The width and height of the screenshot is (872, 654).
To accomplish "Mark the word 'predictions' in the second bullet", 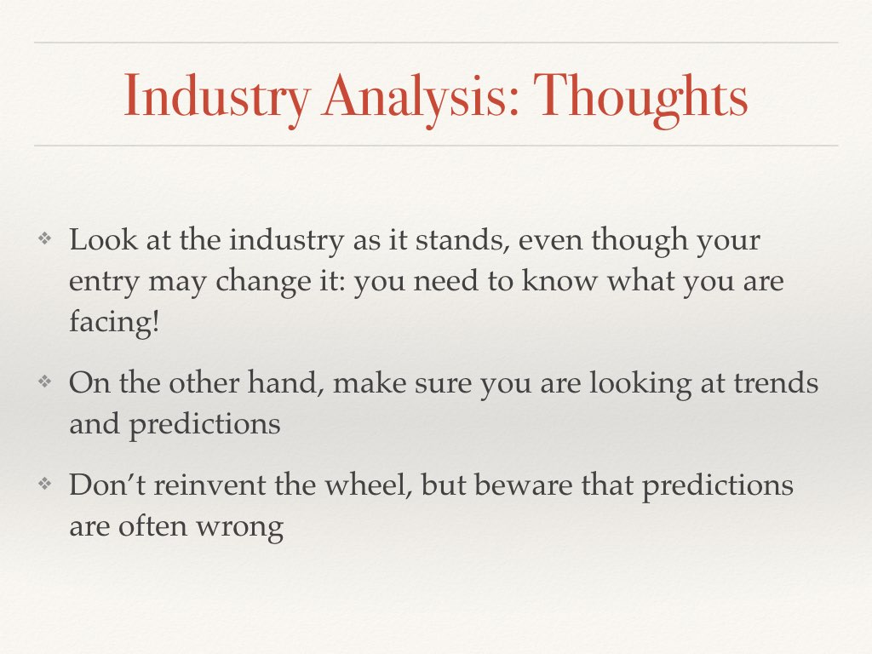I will coord(204,424).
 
